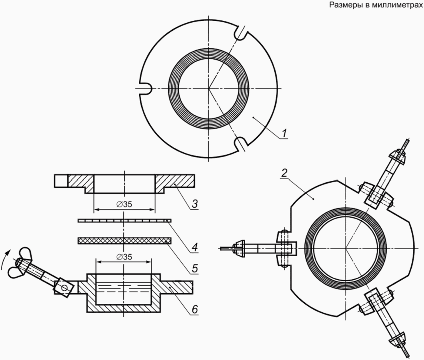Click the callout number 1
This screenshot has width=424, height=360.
coord(284,133)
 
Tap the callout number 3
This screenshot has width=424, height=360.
coord(195,203)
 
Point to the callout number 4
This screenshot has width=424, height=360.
coord(195,247)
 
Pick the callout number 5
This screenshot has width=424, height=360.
coord(195,268)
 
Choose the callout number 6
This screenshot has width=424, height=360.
coord(195,309)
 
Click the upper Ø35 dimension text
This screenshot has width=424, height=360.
coord(124,205)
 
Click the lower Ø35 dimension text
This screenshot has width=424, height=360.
coord(124,257)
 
